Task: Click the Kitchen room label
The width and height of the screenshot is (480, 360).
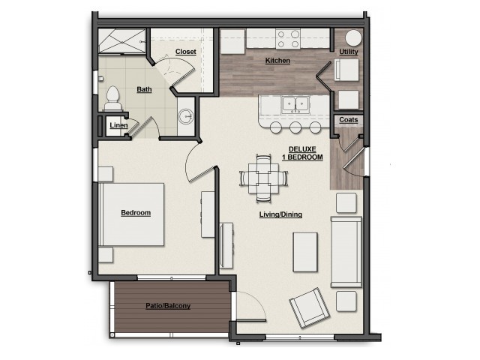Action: (x=277, y=61)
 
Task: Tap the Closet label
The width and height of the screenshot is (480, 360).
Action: (x=185, y=52)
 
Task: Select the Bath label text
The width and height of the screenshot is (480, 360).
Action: (x=144, y=89)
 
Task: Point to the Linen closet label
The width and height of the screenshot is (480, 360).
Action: (x=118, y=125)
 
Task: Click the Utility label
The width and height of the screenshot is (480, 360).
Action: (x=348, y=52)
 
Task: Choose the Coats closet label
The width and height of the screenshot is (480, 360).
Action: (x=348, y=120)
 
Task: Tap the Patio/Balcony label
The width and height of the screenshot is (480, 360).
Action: (x=168, y=306)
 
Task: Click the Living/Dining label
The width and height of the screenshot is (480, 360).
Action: (x=280, y=214)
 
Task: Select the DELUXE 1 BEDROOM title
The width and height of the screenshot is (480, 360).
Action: (x=302, y=153)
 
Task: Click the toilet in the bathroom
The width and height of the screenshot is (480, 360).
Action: (x=112, y=98)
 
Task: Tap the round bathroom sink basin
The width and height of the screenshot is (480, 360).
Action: (x=186, y=116)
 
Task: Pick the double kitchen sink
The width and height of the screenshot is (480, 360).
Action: (x=295, y=104)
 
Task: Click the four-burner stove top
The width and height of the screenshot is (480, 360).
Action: (x=288, y=38)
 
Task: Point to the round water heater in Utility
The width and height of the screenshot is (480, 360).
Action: (x=353, y=38)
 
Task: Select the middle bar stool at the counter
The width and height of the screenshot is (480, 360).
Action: (x=295, y=127)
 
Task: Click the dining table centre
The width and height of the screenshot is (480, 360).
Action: (x=263, y=178)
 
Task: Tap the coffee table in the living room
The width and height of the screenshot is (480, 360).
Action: (x=305, y=252)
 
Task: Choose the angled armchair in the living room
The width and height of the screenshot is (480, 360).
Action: (x=310, y=307)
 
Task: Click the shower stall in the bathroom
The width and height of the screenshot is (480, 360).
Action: (x=121, y=41)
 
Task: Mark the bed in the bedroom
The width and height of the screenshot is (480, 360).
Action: (x=132, y=214)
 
